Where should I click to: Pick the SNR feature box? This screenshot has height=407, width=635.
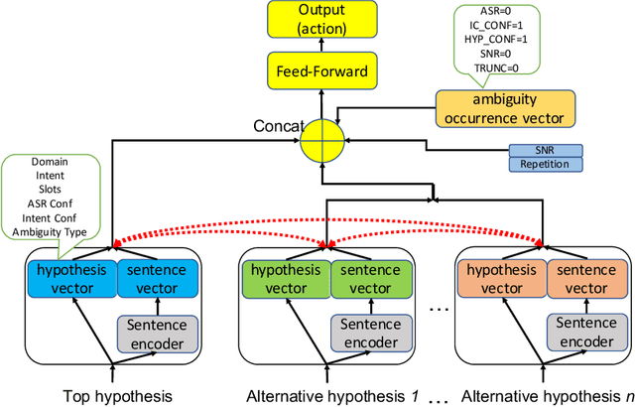pyautogui.click(x=545, y=150)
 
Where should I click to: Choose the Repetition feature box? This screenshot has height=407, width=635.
pyautogui.click(x=545, y=164)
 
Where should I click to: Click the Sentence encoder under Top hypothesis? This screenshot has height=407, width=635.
pyautogui.click(x=157, y=334)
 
